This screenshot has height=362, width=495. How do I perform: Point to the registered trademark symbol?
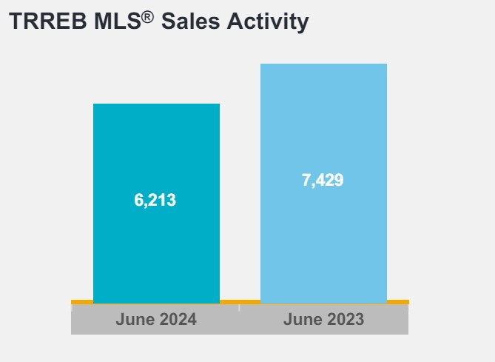click(147, 16)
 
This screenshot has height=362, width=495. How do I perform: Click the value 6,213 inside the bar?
click(155, 200)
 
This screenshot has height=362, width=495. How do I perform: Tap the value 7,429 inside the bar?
click(323, 180)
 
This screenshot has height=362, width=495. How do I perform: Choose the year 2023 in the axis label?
click(345, 320)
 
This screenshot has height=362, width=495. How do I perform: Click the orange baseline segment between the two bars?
click(240, 302)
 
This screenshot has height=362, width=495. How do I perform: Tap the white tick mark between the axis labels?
click(240, 307)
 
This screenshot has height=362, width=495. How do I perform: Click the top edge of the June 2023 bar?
click(323, 64)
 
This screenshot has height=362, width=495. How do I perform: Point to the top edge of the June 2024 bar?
click(156, 104)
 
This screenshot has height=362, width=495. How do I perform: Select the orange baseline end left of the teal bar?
click(81, 302)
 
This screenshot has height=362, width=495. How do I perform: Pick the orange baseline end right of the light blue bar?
click(398, 302)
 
